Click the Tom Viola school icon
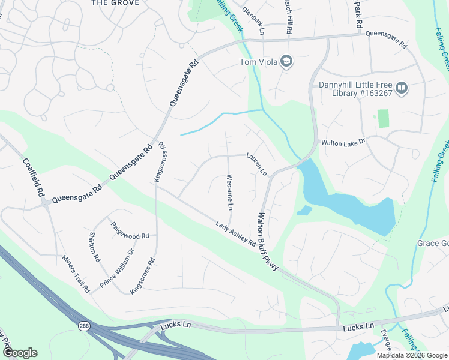(286, 62)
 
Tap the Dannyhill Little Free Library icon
(401, 88)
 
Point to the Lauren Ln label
(256, 164)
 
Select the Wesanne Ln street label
(229, 192)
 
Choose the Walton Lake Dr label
(343, 143)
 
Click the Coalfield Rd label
(34, 178)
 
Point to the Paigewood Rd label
(130, 231)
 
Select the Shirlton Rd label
(94, 247)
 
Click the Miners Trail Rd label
(76, 274)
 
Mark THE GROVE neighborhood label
(115, 3)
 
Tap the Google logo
(20, 353)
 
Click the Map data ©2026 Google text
(411, 355)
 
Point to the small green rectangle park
(383, 118)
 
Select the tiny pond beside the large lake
(304, 211)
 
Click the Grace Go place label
(433, 243)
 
